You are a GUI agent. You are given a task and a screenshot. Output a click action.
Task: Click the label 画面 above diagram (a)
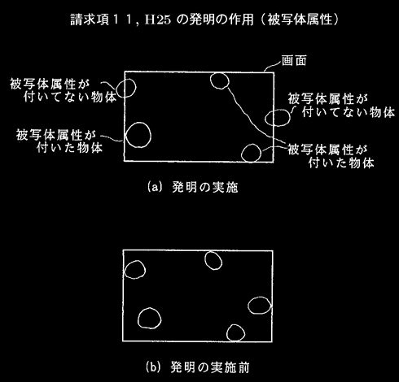[x=294, y=60]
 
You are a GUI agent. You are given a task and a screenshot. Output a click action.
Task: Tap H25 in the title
[x=158, y=20]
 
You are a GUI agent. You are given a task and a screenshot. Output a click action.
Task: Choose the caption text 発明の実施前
[x=210, y=367]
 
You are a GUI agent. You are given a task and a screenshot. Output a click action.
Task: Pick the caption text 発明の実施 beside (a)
[x=205, y=187]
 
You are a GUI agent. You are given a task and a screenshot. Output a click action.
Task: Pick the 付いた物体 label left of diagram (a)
[x=69, y=148]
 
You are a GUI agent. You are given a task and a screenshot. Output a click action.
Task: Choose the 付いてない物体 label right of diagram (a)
[x=348, y=112]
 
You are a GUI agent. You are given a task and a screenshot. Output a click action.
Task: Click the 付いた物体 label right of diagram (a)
[x=341, y=163]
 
